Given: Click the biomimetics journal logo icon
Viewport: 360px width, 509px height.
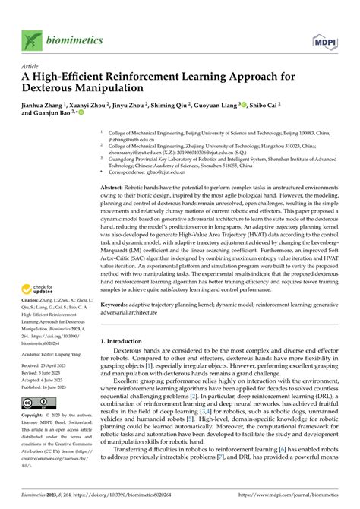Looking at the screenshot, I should (x=30, y=40).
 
